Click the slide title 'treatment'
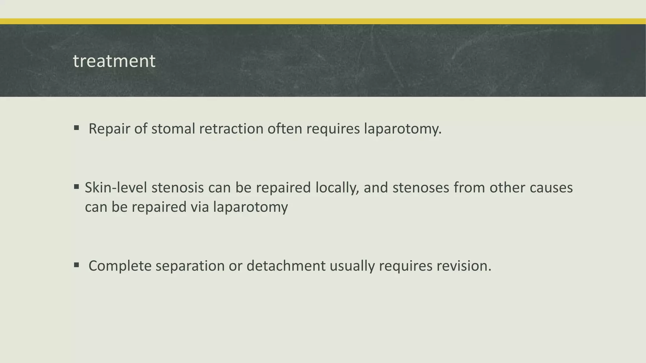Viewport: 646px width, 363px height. pyautogui.click(x=114, y=61)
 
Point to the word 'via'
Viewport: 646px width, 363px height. pyautogui.click(x=200, y=207)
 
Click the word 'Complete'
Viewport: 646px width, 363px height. pyautogui.click(x=120, y=266)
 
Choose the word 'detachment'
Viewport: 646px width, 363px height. pyautogui.click(x=286, y=266)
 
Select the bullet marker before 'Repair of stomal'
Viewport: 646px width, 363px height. pyautogui.click(x=76, y=128)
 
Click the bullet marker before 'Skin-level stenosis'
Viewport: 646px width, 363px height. pyautogui.click(x=76, y=187)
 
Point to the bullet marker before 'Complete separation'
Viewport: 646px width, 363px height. pyautogui.click(x=76, y=265)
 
